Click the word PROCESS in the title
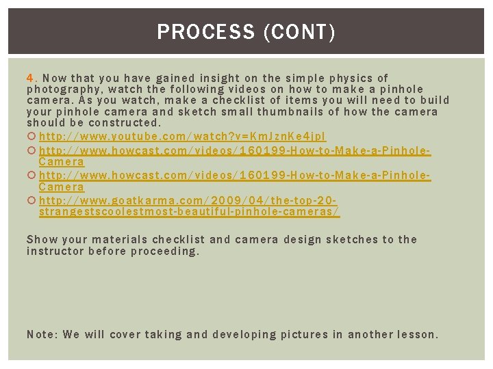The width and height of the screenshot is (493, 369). [x=205, y=32]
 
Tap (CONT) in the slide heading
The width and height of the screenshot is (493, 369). [x=299, y=32]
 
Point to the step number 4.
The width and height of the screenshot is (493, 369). [x=31, y=78]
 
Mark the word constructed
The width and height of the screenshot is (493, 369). [x=125, y=123]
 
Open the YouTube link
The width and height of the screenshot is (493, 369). [x=182, y=137]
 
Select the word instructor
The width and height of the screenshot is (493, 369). [x=55, y=251]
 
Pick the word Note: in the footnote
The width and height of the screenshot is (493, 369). [x=41, y=335]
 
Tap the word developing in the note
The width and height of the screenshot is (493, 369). [x=245, y=335]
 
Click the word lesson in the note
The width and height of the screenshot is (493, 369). [x=416, y=335]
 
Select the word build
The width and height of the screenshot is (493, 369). [x=434, y=100]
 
